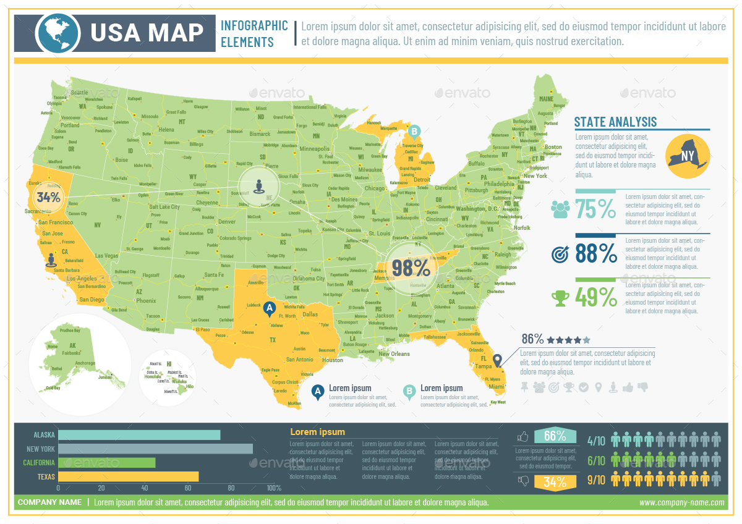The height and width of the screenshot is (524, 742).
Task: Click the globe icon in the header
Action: point(58,33)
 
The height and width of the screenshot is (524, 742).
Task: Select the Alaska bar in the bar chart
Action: point(139,435)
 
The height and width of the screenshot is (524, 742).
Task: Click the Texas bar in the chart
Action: point(129,476)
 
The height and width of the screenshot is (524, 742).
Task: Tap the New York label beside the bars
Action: point(40,449)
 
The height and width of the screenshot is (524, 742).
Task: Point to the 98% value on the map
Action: point(411,268)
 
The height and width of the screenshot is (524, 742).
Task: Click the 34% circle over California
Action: point(48,198)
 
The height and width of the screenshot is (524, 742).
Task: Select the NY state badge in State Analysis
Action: point(688,156)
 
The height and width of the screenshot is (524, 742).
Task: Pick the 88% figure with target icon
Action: point(595,253)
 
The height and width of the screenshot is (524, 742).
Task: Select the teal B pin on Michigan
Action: point(414,131)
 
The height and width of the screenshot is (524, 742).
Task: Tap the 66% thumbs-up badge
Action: point(555,436)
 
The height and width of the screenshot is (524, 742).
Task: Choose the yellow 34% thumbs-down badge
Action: point(555,482)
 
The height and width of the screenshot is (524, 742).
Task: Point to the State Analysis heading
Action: point(615,122)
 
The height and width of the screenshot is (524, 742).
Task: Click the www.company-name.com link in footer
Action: point(681,502)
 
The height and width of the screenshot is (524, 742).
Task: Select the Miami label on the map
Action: point(496,386)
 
